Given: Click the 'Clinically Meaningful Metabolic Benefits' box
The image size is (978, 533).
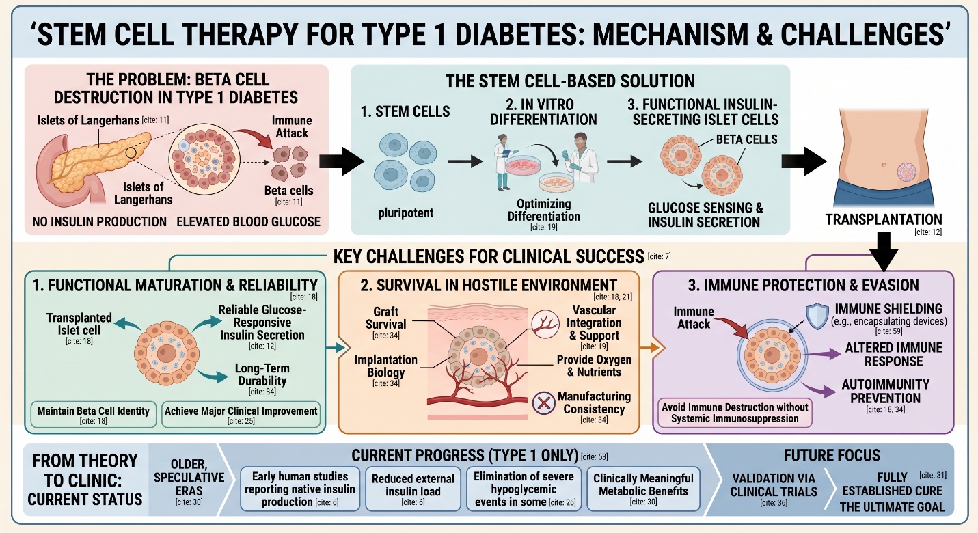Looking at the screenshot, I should (643, 489).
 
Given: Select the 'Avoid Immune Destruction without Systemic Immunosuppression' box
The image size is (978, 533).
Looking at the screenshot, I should (735, 412).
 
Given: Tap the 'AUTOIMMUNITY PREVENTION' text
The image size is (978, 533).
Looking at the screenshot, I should (885, 391).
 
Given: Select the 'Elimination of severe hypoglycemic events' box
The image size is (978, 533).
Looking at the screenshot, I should (524, 489).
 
